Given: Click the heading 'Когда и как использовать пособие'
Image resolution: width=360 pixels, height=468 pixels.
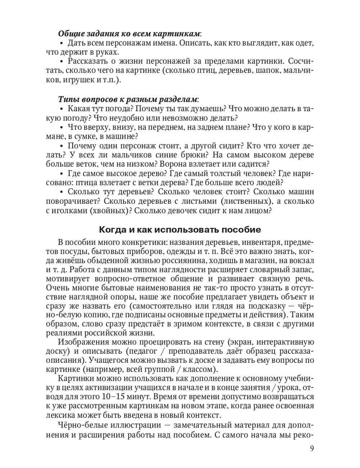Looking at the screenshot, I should click(x=180, y=229).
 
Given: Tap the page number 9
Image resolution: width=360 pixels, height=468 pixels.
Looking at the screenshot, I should click(x=311, y=448).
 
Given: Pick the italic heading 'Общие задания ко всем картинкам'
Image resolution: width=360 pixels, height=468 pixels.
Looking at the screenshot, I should click(x=129, y=33).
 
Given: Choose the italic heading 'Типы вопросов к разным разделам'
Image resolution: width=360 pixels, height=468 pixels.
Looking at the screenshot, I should click(x=128, y=99).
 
